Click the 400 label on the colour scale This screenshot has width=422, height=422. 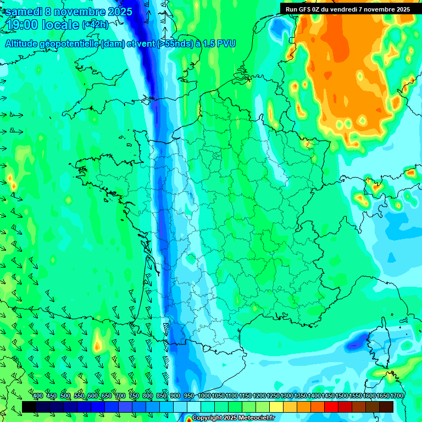tap(38, 396)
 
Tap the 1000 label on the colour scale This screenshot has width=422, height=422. tap(204, 396)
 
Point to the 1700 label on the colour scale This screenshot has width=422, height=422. tap(397, 396)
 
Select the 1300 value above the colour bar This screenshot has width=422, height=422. tap(287, 396)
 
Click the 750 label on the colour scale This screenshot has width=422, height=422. tap(134, 396)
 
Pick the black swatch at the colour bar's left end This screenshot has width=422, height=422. tap(29, 407)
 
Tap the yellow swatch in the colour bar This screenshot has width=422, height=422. tap(276, 407)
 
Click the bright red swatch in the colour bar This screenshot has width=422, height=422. tap(331, 407)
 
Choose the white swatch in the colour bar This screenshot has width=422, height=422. tap(194, 407)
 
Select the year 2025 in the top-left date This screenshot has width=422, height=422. tap(116, 12)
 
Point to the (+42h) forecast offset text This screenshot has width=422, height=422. tap(95, 25)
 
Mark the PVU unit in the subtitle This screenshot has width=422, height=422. tap(226, 43)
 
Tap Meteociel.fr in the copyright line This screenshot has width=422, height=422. tap(256, 418)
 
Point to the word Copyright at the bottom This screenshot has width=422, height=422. tap(208, 418)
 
